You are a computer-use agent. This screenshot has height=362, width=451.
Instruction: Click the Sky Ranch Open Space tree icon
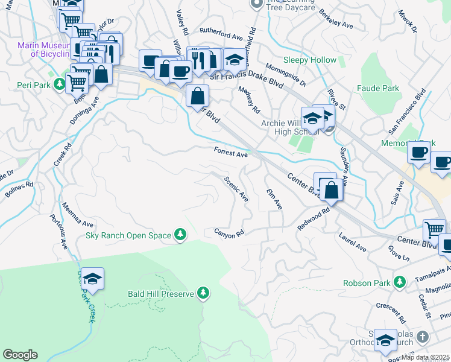click(x=179, y=235)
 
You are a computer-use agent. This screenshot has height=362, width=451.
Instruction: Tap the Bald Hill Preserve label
click(x=160, y=294)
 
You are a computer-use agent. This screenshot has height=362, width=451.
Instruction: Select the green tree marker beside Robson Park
click(x=399, y=282)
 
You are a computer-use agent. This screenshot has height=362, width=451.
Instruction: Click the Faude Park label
click(x=378, y=89)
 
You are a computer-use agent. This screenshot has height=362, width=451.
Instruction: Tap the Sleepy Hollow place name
click(x=309, y=60)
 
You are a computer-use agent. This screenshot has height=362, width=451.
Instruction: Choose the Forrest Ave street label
click(x=231, y=153)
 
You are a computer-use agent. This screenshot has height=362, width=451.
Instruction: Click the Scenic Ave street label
click(x=236, y=189)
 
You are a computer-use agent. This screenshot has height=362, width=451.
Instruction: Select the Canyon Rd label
click(x=230, y=232)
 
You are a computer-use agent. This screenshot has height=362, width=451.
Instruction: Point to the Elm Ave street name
click(x=274, y=198)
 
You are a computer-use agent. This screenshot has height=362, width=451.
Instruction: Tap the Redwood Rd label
click(x=315, y=220)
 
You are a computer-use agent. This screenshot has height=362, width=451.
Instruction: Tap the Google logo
click(x=20, y=355)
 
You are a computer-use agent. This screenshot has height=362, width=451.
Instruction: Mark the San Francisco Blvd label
click(x=407, y=110)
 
